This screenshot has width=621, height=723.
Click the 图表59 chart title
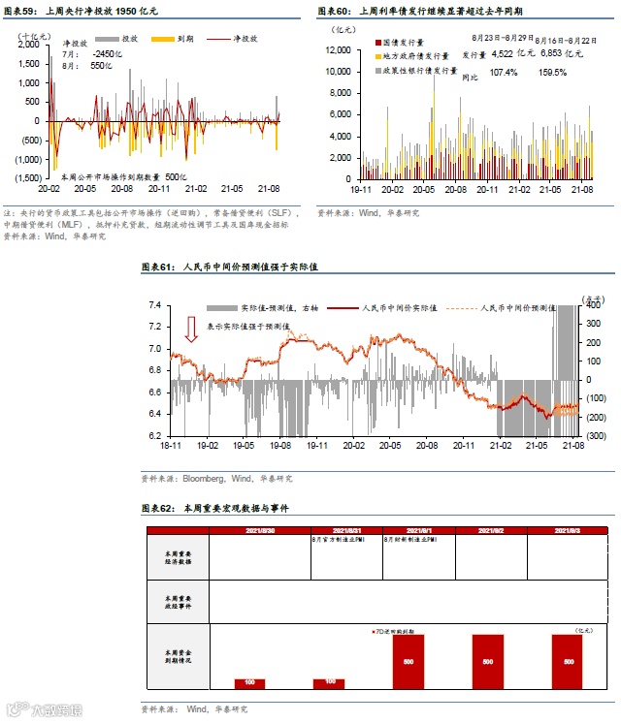click(81, 11)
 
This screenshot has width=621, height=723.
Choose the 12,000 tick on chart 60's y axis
click(338, 49)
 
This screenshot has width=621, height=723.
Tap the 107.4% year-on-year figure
click(504, 73)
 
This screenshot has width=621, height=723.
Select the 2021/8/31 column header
click(346, 531)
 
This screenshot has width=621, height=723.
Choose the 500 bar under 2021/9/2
click(487, 662)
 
